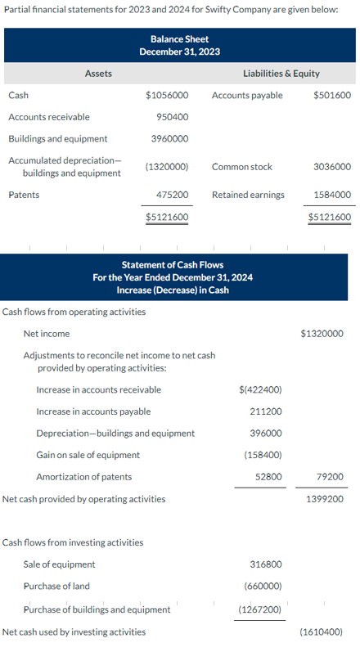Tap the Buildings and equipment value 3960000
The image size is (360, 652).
(x=170, y=138)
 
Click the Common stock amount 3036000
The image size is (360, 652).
(x=332, y=166)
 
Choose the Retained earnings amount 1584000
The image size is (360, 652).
(x=332, y=195)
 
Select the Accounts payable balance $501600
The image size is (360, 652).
(x=332, y=95)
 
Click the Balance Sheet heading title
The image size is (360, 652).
(x=180, y=39)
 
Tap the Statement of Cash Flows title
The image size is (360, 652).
(x=173, y=264)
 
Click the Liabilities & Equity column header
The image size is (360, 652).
(x=281, y=74)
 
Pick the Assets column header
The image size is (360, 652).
(x=99, y=74)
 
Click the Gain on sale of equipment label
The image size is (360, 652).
(x=88, y=455)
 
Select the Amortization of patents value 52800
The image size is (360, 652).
(x=269, y=476)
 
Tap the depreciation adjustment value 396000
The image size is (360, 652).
(x=266, y=433)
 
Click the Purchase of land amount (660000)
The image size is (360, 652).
(x=262, y=586)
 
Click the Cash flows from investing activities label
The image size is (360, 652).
(x=74, y=542)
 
